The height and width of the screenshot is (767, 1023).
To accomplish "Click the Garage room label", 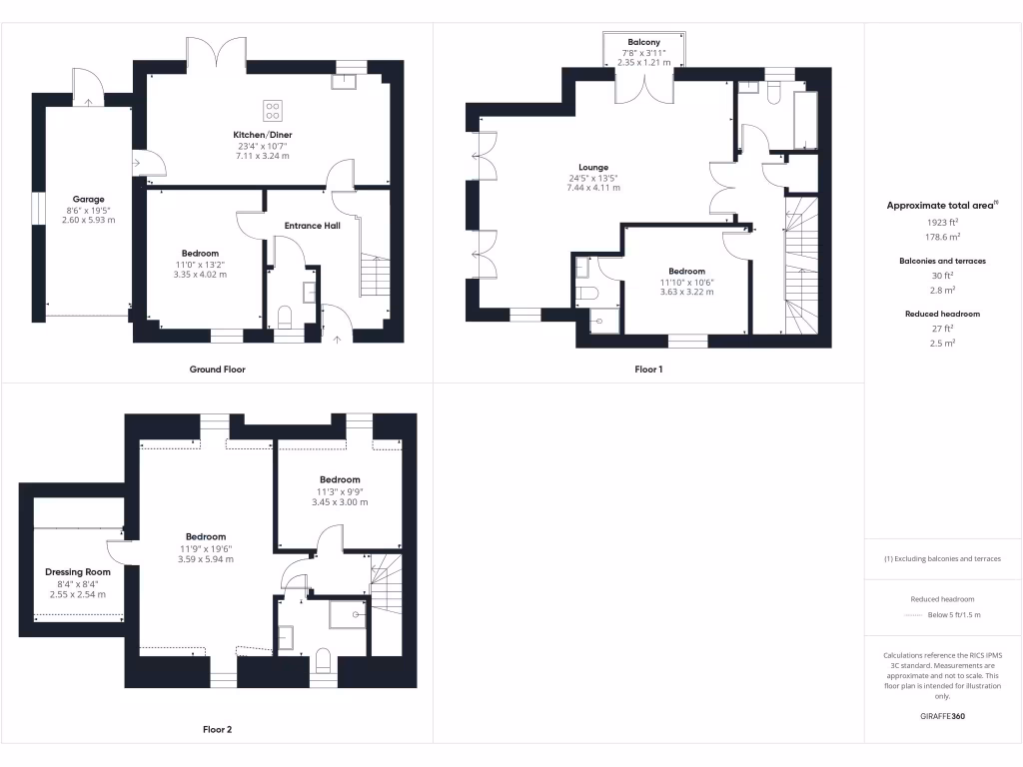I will pyautogui.click(x=88, y=199).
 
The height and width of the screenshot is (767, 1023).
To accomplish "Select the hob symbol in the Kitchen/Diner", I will pyautogui.click(x=273, y=110).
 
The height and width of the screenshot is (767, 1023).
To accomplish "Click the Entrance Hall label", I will pyautogui.click(x=311, y=226).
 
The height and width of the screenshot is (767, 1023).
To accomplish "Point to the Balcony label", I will pyautogui.click(x=643, y=41).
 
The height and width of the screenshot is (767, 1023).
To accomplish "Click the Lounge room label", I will pyautogui.click(x=593, y=168).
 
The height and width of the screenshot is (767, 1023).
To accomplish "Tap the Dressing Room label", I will pyautogui.click(x=78, y=572).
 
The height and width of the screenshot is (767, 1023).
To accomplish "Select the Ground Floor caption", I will pyautogui.click(x=217, y=370).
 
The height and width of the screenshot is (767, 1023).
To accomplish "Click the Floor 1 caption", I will pyautogui.click(x=648, y=370).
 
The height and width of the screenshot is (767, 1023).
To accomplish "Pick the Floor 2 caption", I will pyautogui.click(x=217, y=730).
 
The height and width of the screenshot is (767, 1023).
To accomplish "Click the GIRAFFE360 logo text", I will pyautogui.click(x=942, y=716).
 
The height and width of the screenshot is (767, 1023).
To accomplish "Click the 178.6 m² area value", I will pyautogui.click(x=942, y=237).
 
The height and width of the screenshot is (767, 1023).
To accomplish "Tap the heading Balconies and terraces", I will pyautogui.click(x=942, y=261).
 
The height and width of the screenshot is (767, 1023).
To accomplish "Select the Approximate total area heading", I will pyautogui.click(x=940, y=205).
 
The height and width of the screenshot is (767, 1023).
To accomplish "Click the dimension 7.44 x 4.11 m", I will pyautogui.click(x=593, y=188).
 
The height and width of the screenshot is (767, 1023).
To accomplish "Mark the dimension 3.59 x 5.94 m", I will pyautogui.click(x=206, y=559).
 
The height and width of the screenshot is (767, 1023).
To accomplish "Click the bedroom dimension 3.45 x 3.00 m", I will pyautogui.click(x=340, y=501).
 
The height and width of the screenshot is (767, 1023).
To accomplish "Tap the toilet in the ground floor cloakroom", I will pyautogui.click(x=284, y=319).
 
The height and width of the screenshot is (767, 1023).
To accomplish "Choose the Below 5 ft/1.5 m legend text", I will pyautogui.click(x=953, y=615).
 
